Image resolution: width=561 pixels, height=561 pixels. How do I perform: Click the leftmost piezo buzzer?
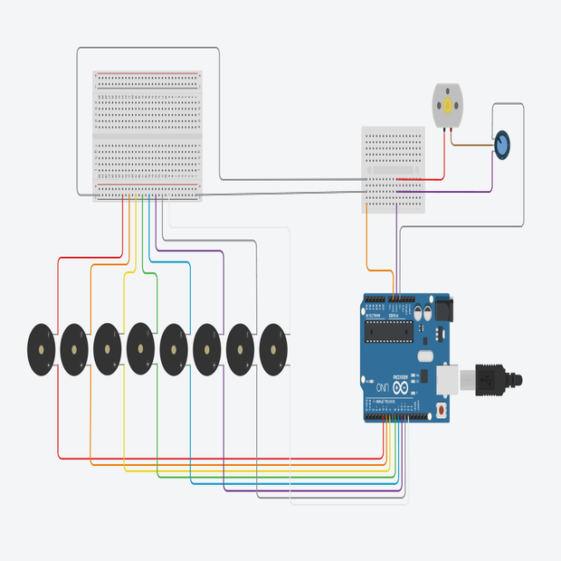(41, 348)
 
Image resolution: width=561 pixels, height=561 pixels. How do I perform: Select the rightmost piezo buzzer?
(275, 348)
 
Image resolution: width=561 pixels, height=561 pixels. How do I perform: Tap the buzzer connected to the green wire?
(141, 348)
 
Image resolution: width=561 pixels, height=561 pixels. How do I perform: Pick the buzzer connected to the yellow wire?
(108, 348)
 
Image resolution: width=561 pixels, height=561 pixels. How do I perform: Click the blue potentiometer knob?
(502, 144)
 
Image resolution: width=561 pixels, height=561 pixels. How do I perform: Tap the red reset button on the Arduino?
(441, 411)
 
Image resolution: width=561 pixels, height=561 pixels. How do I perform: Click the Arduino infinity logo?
(399, 377)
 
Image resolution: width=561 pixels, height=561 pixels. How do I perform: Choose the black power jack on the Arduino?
(444, 310)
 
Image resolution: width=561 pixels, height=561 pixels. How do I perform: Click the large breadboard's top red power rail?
(147, 75)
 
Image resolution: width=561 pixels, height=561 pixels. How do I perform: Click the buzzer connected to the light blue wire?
(175, 348)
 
